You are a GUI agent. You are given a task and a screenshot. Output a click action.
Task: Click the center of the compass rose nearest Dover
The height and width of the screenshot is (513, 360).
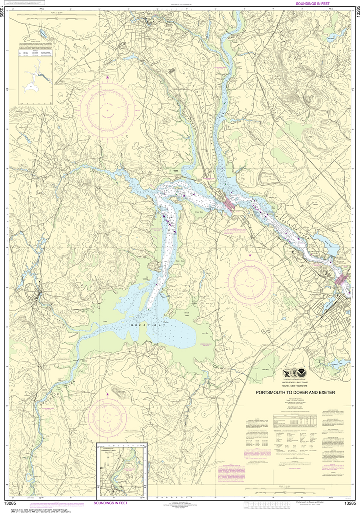pos(107,107)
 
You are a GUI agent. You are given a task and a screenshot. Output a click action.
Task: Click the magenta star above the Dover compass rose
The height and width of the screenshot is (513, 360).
pos(107,77)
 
